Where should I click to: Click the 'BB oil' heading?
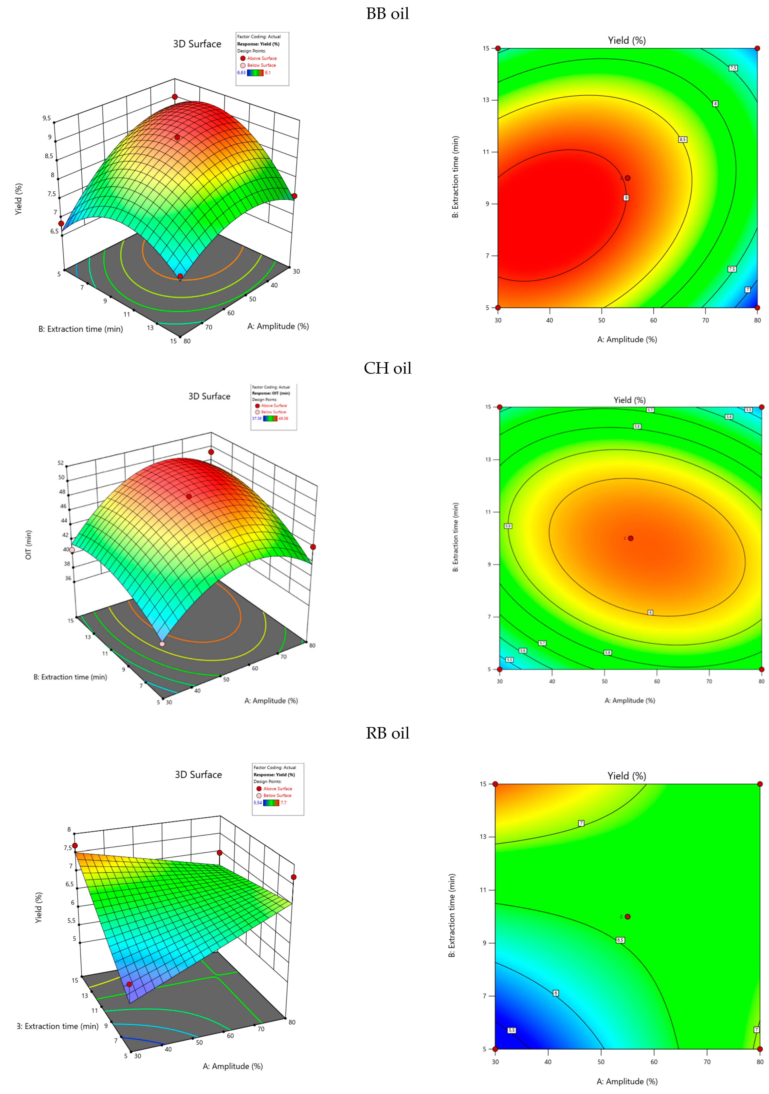[387, 14]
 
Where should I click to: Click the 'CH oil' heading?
[387, 368]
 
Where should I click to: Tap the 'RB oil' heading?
[387, 733]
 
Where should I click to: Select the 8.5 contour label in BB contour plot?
[682, 140]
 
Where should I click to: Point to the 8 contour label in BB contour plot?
[715, 104]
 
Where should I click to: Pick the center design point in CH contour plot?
[630, 538]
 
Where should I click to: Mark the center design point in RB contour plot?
[628, 917]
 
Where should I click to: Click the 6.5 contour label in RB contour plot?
[620, 940]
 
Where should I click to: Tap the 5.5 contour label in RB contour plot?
[512, 1030]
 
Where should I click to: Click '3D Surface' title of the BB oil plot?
[197, 44]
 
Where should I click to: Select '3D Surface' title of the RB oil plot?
[198, 775]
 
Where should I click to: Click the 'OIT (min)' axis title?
[29, 545]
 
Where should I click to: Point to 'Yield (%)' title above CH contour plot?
[629, 400]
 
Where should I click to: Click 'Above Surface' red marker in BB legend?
[243, 58]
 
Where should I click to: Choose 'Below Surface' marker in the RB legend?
[259, 795]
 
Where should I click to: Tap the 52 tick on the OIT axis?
[60, 463]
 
